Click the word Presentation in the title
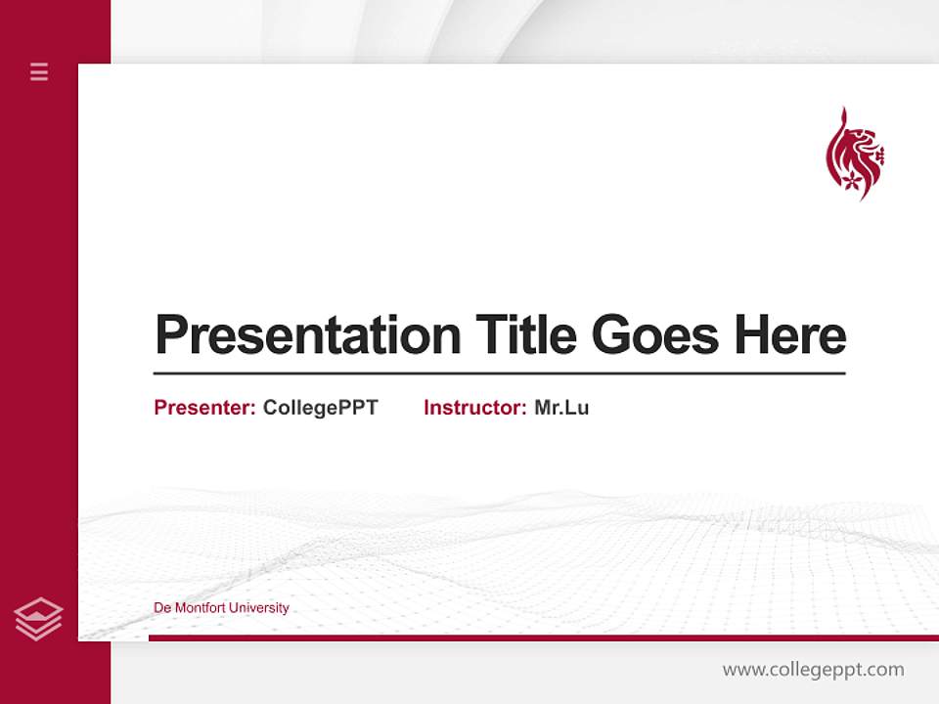click(x=308, y=335)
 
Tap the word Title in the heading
click(x=526, y=335)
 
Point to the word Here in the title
click(x=790, y=335)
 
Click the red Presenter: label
click(x=204, y=408)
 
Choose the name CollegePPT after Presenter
click(x=320, y=408)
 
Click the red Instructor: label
click(x=474, y=408)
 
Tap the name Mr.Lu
click(x=561, y=408)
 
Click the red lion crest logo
click(x=854, y=154)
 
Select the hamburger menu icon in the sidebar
click(x=39, y=71)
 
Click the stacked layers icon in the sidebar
click(x=38, y=619)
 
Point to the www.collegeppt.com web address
click(x=813, y=670)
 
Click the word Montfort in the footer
click(x=201, y=608)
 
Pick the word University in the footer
click(x=259, y=608)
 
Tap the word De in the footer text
click(x=161, y=608)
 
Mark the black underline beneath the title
click(x=499, y=374)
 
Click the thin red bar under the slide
click(x=543, y=638)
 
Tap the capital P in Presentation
click(x=171, y=335)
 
